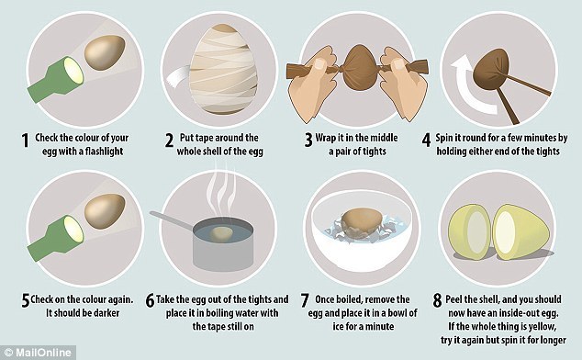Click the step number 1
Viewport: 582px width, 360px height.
25,141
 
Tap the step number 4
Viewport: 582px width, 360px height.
427,141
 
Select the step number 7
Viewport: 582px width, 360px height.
305,300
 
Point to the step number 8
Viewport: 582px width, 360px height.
438,300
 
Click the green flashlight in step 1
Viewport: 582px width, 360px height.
56,80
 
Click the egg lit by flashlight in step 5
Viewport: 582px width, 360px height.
105,211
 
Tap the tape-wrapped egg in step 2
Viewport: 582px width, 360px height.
223,69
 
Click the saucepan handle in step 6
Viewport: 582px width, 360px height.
172,219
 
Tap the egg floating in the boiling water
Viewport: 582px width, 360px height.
221,235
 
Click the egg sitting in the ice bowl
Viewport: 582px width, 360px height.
360,222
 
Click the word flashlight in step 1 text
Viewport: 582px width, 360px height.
104,152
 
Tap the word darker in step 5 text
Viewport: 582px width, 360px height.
106,313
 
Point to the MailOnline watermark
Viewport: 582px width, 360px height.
38,353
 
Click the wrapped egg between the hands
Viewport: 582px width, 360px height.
359,71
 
